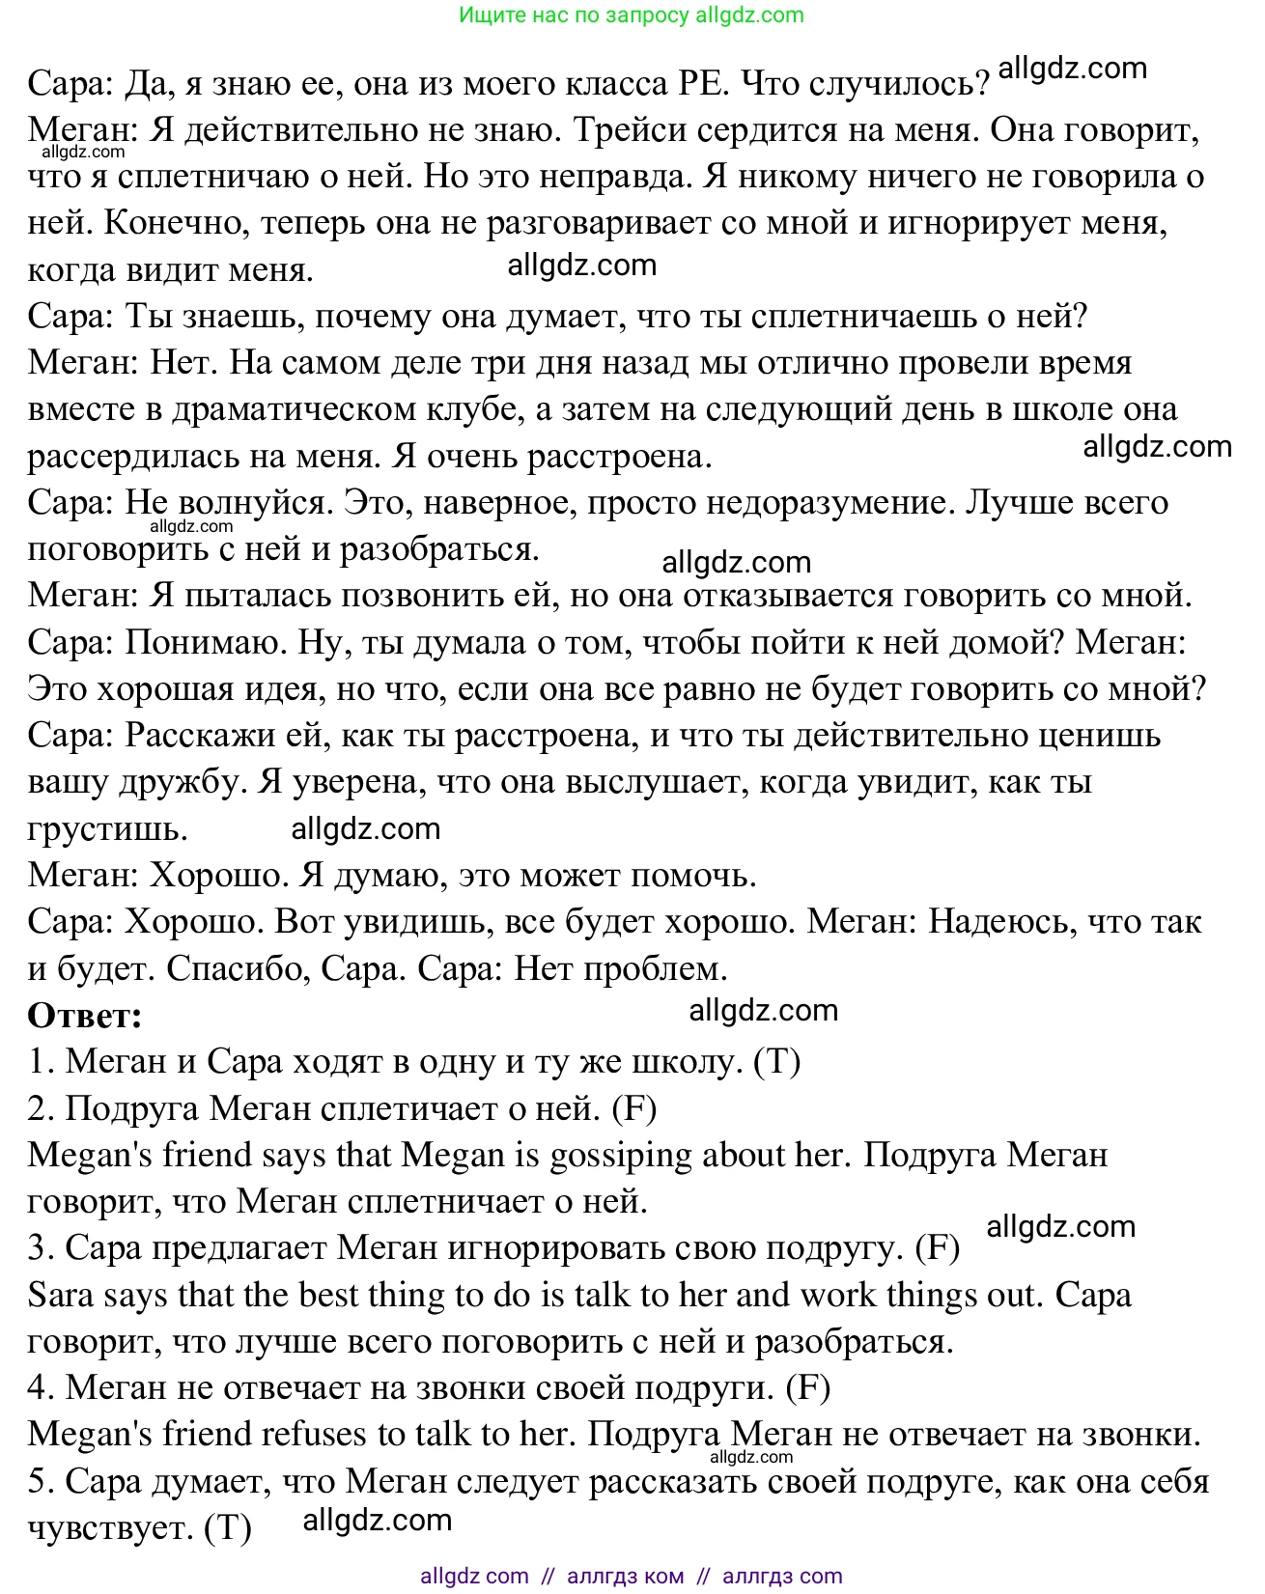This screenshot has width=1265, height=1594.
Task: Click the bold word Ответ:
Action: click(x=85, y=1016)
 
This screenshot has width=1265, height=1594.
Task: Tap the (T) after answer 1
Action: click(x=777, y=1062)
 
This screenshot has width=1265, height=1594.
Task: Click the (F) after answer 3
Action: click(x=937, y=1248)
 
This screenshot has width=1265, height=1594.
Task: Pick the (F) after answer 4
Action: click(x=808, y=1388)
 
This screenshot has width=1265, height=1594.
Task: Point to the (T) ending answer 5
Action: click(x=229, y=1528)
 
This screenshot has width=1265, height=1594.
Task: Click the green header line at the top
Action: click(x=632, y=14)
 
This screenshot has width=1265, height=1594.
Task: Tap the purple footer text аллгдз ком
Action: click(x=625, y=1576)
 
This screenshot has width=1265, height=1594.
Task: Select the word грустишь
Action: click(x=107, y=829)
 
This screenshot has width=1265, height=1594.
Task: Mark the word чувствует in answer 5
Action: click(x=110, y=1528)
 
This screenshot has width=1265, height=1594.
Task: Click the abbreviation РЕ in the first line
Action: click(x=700, y=84)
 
